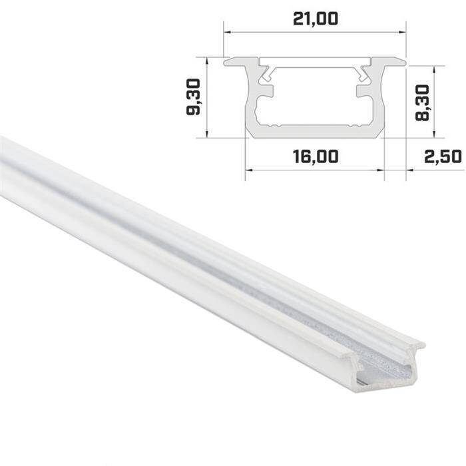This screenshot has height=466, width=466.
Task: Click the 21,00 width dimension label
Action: point(314,19)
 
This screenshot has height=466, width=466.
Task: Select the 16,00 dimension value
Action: point(315,156)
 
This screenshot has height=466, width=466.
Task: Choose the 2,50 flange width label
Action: point(442,156)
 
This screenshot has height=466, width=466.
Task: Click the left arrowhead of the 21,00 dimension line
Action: point(226,31)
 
